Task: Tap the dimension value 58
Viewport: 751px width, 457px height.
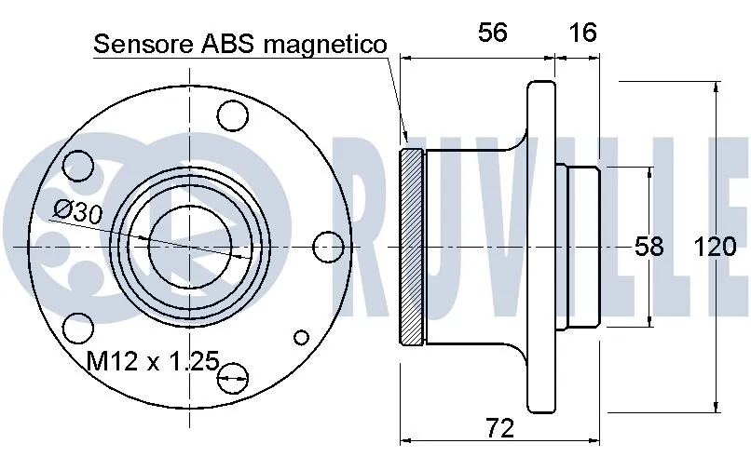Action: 649,247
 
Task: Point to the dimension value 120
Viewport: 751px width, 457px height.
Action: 715,247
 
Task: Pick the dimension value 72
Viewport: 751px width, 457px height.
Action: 500,428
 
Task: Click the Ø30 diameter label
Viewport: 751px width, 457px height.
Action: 77,211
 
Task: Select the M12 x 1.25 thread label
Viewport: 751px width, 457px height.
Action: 152,360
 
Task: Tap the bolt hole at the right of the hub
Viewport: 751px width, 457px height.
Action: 329,246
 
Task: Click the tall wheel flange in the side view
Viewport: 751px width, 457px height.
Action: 540,246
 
